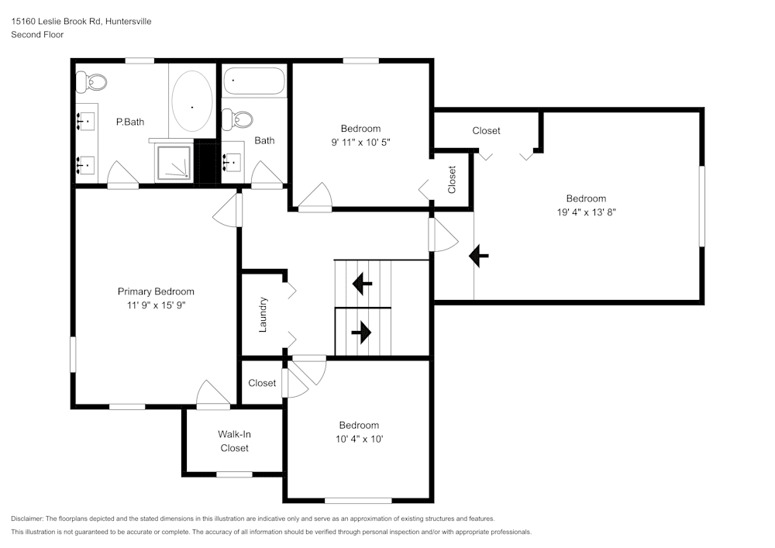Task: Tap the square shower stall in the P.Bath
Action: pos(174,163)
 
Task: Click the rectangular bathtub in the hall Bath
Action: pos(253,81)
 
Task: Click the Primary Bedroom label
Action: pos(156,291)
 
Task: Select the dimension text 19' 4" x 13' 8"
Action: pos(586,212)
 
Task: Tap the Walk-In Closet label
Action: pos(234,441)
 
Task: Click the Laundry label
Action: pos(263,315)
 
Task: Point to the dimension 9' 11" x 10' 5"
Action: pos(360,142)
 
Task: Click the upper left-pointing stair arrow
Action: pos(362,284)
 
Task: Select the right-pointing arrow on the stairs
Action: pos(361,333)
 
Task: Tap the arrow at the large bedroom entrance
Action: pos(479,255)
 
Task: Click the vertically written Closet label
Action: pos(452,180)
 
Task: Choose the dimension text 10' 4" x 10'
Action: pos(359,439)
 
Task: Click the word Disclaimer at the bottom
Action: pos(28,519)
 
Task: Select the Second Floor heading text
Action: pos(37,35)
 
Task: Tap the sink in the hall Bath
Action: pos(232,162)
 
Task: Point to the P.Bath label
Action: pos(129,122)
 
